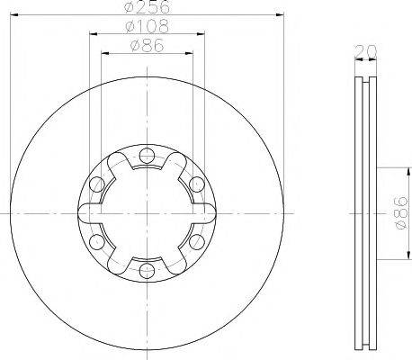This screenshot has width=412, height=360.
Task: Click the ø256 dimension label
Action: coord(147,6)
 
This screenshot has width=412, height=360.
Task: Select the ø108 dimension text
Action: coord(148,26)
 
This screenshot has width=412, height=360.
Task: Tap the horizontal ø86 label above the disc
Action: coord(148,46)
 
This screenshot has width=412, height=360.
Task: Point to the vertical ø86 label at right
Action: coord(402,212)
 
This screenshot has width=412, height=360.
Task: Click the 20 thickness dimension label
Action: coord(365,51)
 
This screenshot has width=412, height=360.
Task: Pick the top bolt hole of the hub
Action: coord(147,156)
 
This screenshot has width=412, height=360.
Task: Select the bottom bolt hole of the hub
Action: coord(147,271)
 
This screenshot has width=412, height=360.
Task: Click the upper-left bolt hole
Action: coord(97,184)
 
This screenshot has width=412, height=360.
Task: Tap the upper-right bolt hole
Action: coord(197,184)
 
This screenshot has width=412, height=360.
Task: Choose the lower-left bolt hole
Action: coord(97,242)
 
